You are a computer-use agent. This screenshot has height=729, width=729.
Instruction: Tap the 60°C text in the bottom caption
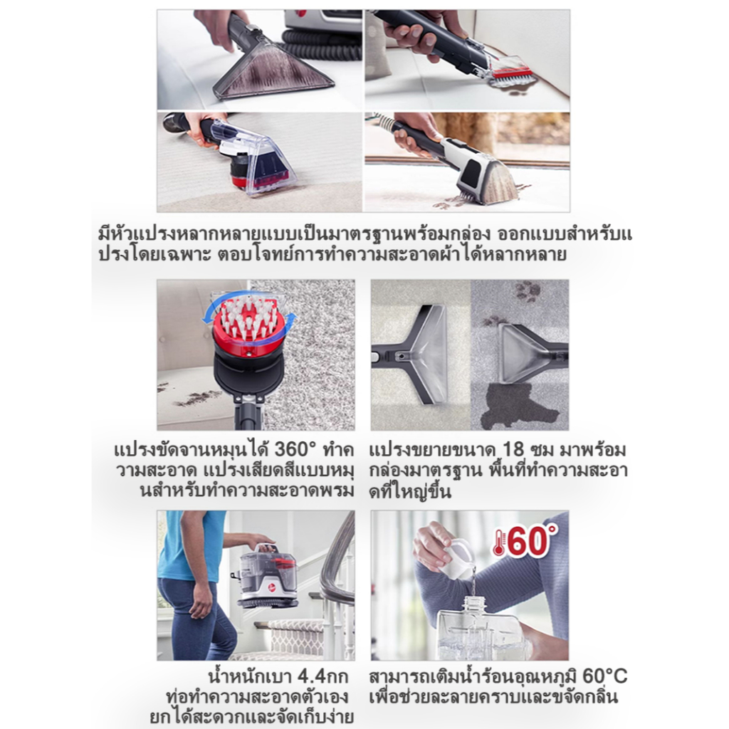click(x=604, y=676)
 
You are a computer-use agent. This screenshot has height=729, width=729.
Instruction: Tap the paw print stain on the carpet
click(x=527, y=291)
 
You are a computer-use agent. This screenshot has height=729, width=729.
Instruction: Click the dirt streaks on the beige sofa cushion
click(x=192, y=396)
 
